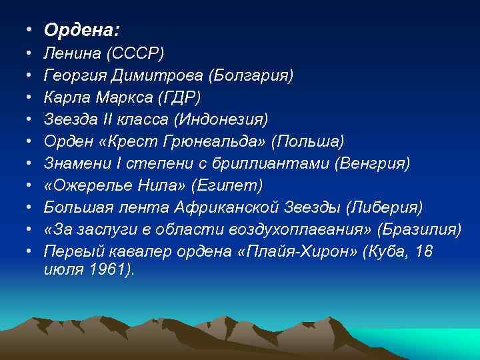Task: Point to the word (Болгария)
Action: click(x=250, y=74)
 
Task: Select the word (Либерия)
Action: click(x=385, y=207)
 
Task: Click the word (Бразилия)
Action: click(x=419, y=229)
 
